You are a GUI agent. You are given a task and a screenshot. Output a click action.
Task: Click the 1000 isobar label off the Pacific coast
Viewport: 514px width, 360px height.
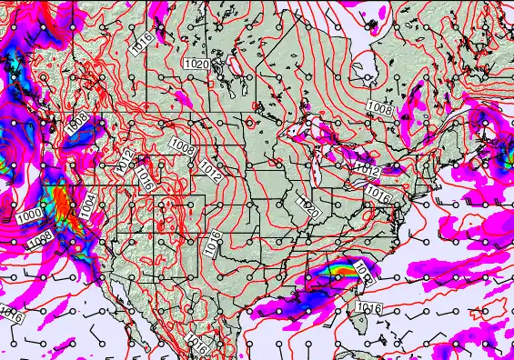pyautogui.click(x=28, y=214)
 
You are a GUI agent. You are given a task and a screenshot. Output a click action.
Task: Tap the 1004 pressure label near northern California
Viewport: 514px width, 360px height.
pyautogui.click(x=86, y=206)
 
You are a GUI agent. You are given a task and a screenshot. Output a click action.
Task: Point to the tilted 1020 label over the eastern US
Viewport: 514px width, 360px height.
pyautogui.click(x=309, y=209)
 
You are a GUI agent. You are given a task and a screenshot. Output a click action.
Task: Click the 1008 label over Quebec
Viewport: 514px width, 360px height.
pyautogui.click(x=380, y=107)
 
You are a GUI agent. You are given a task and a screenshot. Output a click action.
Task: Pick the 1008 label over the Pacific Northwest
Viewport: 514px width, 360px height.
pyautogui.click(x=78, y=125)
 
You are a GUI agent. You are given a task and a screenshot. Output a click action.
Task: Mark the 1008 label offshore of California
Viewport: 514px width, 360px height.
pyautogui.click(x=40, y=239)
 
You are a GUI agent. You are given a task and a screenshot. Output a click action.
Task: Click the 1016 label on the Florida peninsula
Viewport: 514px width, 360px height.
pyautogui.click(x=370, y=308)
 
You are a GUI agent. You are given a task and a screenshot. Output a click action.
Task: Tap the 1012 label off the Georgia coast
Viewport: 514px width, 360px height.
pyautogui.click(x=363, y=270)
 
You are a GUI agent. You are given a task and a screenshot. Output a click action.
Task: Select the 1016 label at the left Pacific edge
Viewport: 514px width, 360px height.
pyautogui.click(x=11, y=315)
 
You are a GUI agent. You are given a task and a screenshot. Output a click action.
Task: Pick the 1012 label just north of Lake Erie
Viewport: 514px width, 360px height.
pyautogui.click(x=367, y=170)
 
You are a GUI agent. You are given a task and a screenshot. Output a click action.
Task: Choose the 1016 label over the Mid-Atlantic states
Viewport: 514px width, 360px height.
pyautogui.click(x=378, y=194)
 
